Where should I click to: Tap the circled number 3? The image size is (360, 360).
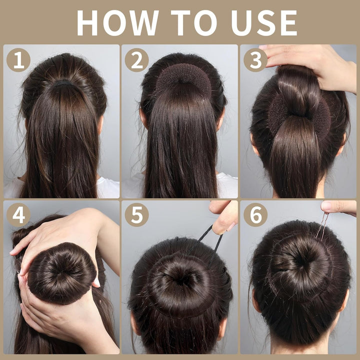pyautogui.click(x=255, y=60)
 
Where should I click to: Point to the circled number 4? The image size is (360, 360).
pyautogui.click(x=18, y=215)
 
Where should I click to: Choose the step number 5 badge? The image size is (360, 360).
pyautogui.click(x=136, y=215)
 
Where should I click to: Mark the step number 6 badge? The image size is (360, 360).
pyautogui.click(x=255, y=215)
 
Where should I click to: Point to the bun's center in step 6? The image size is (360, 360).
pyautogui.click(x=300, y=260)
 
